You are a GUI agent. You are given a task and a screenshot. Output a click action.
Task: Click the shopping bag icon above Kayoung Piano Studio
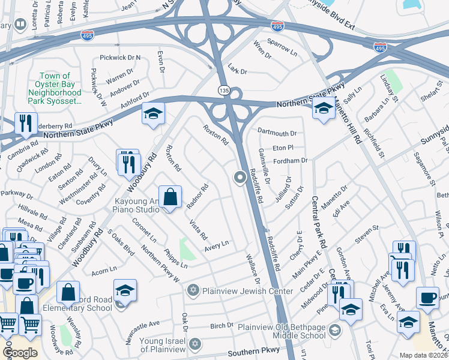[x=170, y=196]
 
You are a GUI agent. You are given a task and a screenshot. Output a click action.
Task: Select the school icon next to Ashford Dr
[x=153, y=112]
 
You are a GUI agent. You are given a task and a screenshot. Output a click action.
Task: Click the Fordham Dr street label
[x=290, y=161]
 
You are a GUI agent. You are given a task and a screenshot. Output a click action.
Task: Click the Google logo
[x=20, y=352]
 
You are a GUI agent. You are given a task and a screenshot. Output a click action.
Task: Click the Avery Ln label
[x=217, y=245]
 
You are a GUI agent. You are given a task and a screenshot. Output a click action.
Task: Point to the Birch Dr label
[x=221, y=326]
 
